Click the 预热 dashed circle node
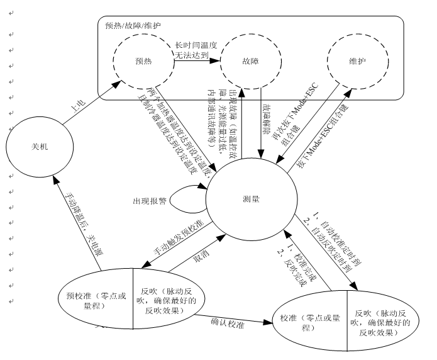point(143,62)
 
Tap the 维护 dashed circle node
point(356,62)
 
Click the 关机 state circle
point(39,145)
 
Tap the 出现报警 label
point(149,201)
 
